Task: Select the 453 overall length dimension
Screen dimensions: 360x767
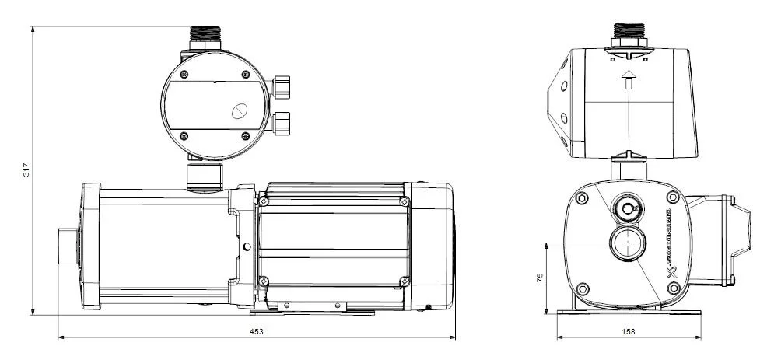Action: (256, 332)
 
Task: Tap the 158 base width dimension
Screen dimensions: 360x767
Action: (629, 332)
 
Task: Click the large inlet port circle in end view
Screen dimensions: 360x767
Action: (626, 243)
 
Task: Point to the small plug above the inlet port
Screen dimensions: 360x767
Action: (627, 208)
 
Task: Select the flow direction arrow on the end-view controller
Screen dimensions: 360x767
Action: (627, 78)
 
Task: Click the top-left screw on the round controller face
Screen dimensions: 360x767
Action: (184, 75)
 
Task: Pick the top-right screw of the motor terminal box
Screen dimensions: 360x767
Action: (404, 201)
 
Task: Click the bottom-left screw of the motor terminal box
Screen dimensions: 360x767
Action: (264, 281)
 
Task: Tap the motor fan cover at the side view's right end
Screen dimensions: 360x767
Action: (439, 241)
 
